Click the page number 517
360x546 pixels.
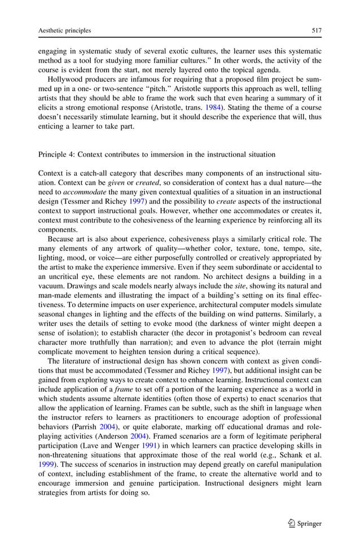click(x=316, y=30)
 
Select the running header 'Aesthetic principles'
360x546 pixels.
click(x=64, y=30)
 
